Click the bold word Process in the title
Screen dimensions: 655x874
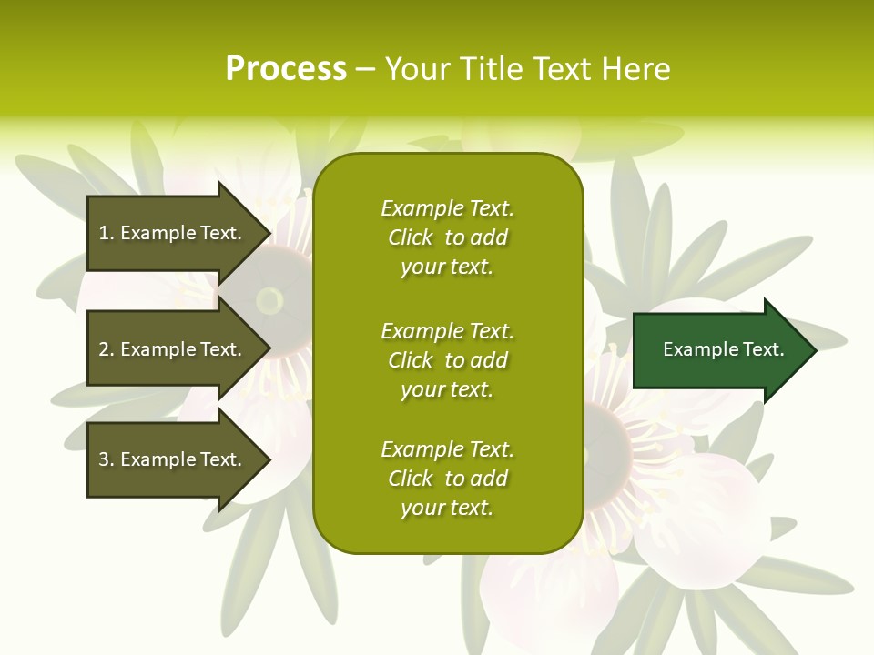(x=286, y=69)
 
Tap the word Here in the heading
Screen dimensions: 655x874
(x=636, y=69)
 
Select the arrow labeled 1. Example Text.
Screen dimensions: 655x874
(x=170, y=233)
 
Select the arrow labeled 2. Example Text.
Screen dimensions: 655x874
(x=170, y=349)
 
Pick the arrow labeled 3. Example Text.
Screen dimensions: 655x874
(x=170, y=459)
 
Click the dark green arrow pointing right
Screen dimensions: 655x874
(x=719, y=349)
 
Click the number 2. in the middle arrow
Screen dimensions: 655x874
(x=106, y=349)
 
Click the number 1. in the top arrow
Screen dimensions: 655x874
(x=106, y=233)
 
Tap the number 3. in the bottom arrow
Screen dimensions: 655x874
(x=106, y=459)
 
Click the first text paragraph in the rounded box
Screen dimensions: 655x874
(x=447, y=237)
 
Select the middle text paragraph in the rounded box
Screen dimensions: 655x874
(x=447, y=360)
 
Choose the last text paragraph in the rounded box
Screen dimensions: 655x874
(x=447, y=479)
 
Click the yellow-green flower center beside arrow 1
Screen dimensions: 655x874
(x=269, y=299)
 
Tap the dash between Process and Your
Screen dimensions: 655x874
(x=365, y=69)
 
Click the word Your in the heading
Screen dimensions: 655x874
(x=418, y=69)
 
